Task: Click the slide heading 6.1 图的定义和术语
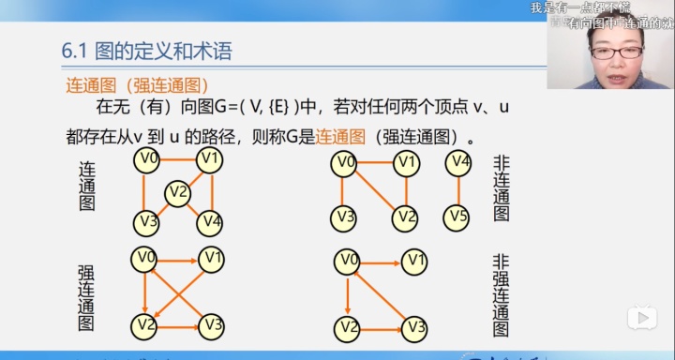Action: coord(146,52)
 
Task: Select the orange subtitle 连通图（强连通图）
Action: coord(137,84)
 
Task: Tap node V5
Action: coord(458,217)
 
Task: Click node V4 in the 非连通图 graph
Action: coord(458,163)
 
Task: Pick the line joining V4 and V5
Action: coord(458,190)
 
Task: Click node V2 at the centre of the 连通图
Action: coord(178,193)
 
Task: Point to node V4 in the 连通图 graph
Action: coord(210,222)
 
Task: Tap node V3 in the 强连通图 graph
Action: coord(212,325)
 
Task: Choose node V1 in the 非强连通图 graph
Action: coord(415,260)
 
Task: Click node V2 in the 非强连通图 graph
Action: coord(348,327)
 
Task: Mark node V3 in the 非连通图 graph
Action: coord(345,218)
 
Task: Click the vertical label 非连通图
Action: coord(502,188)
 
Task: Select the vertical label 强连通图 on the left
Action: coord(86,298)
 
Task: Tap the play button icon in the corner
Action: coord(641,317)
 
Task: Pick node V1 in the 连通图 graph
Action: coord(210,159)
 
